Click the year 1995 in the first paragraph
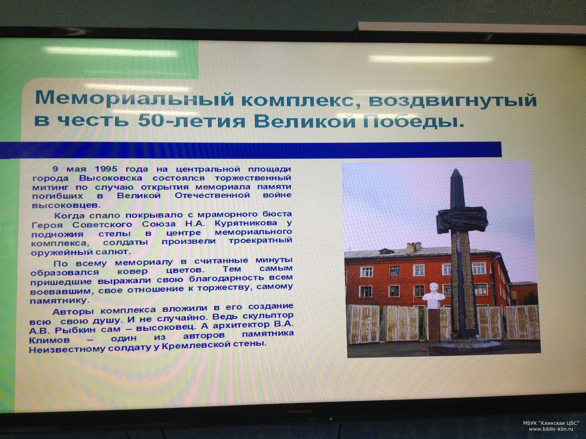click(x=106, y=169)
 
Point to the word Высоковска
click(x=110, y=178)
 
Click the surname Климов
click(x=49, y=340)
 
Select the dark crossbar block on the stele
click(x=463, y=220)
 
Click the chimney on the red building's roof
click(x=413, y=248)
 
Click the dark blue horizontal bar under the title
click(x=251, y=150)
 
